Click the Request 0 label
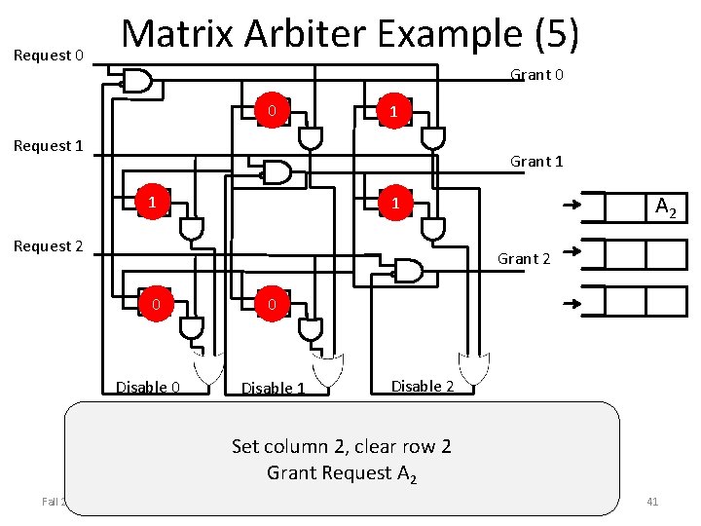(x=48, y=56)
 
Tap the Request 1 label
(x=48, y=146)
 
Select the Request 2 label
(x=48, y=246)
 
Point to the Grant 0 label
(x=537, y=75)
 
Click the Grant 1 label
(x=537, y=162)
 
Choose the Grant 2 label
(x=524, y=258)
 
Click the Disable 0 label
(x=148, y=388)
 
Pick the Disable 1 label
(x=273, y=389)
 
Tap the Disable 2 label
(x=423, y=386)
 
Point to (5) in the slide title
(x=557, y=36)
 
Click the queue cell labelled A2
(x=666, y=207)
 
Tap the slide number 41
(x=652, y=502)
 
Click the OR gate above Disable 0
(x=207, y=368)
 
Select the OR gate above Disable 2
(x=474, y=368)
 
